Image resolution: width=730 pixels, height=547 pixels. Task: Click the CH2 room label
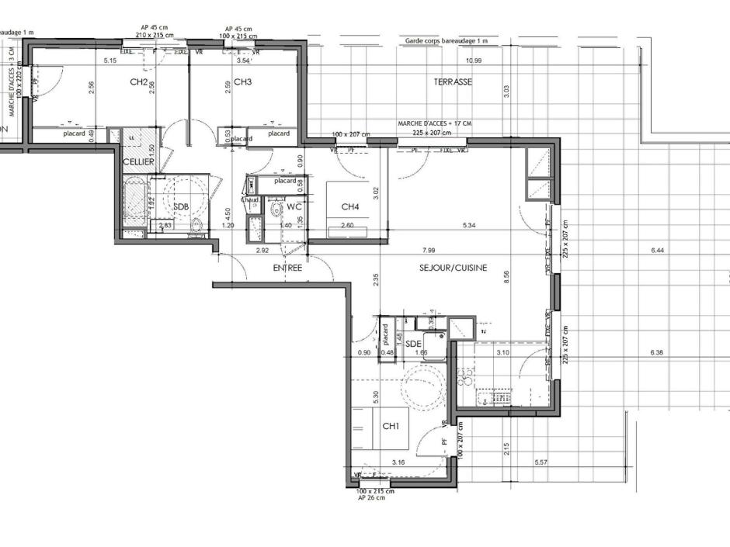139,81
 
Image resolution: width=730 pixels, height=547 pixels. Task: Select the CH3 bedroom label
243,81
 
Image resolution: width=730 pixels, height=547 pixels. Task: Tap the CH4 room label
350,206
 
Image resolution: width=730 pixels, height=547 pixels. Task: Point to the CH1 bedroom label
391,426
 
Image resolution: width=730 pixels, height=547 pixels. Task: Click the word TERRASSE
453,81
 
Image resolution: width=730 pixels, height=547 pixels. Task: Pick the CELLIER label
138,161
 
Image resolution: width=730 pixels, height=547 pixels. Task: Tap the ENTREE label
287,268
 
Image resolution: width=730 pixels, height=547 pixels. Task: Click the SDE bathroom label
413,343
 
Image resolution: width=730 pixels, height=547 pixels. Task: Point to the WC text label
294,207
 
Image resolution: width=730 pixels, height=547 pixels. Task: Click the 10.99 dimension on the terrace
473,61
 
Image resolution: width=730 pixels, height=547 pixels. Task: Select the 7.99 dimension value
429,251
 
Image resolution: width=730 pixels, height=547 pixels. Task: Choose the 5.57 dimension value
543,462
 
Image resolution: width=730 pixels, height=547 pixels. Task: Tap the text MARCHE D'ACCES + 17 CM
434,123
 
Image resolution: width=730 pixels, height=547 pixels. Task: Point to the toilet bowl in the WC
275,209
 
